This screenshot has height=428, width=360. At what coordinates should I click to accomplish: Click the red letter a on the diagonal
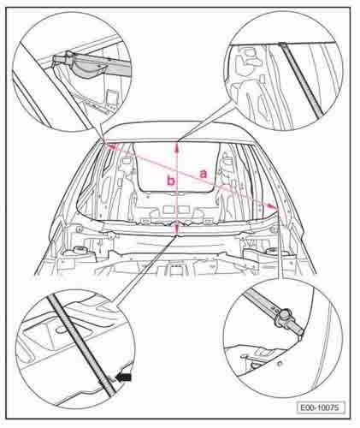204,174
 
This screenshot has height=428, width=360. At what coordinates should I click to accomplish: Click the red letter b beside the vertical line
170,181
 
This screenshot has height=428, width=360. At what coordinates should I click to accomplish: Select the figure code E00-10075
321,407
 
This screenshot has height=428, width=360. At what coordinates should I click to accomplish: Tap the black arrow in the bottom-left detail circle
123,377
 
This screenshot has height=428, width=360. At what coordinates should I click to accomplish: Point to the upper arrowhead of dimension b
177,146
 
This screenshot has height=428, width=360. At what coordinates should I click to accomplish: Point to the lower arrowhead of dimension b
177,229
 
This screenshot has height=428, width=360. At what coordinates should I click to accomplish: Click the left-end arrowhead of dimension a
110,146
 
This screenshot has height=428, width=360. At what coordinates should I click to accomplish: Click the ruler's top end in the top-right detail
282,45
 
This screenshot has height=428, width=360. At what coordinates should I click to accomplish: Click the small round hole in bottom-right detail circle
280,363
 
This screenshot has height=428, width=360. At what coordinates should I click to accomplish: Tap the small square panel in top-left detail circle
113,97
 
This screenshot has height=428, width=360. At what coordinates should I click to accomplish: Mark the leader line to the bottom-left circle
145,268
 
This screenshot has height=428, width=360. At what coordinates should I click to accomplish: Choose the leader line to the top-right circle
207,124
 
